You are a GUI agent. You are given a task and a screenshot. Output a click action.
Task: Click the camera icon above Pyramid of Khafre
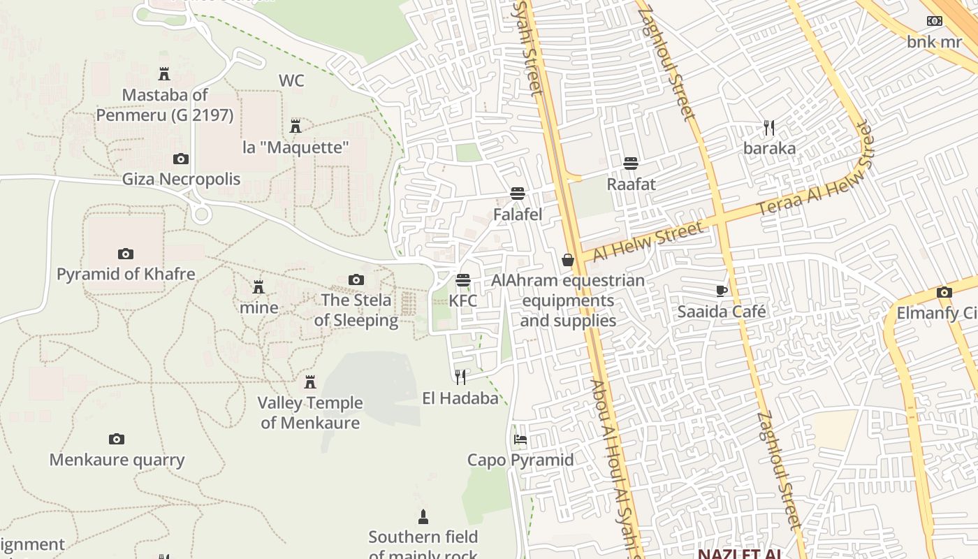pos(126,254)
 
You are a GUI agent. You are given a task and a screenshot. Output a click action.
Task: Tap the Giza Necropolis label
pos(181,179)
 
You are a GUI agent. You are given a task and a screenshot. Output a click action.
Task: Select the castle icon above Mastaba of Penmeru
pos(164,73)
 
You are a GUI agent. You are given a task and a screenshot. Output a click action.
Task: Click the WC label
pos(291,80)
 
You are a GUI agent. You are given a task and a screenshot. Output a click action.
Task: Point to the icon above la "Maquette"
pos(295,126)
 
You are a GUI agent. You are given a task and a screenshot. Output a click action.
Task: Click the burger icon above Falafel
pos(518,193)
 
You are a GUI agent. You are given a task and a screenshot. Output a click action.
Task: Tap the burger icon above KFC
pos(462,280)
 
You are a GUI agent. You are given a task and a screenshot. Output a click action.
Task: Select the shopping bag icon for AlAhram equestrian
pos(568,260)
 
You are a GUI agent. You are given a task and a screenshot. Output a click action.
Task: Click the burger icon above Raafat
pos(631,164)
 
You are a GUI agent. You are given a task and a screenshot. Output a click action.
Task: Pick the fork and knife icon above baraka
pos(769,128)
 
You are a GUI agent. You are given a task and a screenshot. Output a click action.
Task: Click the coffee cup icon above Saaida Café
pos(722,291)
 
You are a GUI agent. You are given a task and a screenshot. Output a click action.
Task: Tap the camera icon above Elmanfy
pos(944,293)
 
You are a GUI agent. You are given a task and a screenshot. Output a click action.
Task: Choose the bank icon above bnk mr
pos(934,21)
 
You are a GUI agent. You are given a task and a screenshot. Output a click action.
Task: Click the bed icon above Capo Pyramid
pos(520,440)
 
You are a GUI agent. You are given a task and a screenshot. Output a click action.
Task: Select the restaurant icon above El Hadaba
pos(460,377)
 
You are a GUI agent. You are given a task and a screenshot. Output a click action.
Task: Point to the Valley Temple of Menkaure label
pos(310,412)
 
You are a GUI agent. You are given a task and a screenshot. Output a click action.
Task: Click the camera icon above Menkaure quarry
pos(117,440)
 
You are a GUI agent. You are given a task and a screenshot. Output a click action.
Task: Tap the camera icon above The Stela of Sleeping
pos(356,280)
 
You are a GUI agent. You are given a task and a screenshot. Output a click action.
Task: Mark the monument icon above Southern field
pos(423,517)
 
